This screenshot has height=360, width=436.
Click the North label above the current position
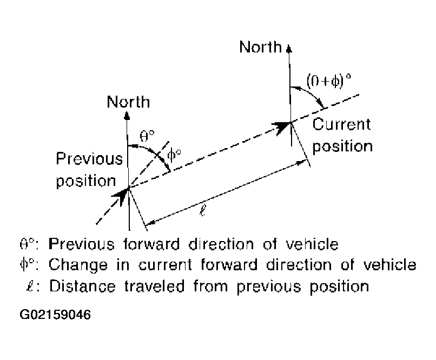pos(260,47)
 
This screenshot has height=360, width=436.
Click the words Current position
pos(342,135)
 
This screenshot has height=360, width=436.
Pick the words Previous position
pos(89,169)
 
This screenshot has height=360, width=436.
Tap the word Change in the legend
pos(72,265)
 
